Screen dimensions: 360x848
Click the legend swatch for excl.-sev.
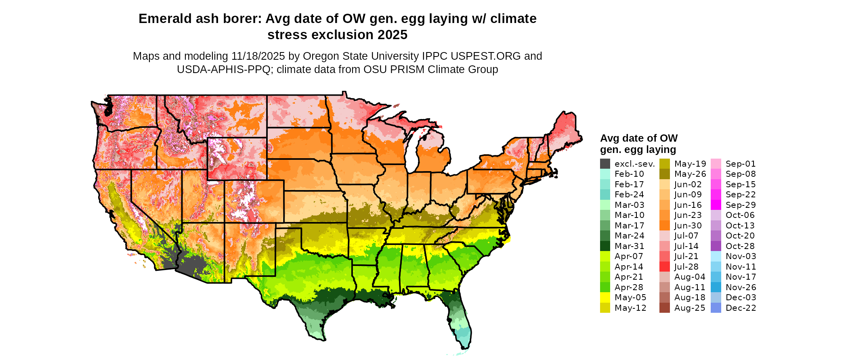coord(605,164)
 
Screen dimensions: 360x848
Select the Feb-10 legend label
coord(629,174)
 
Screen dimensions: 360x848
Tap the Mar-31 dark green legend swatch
coord(605,246)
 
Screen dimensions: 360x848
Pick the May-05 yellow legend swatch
coord(605,297)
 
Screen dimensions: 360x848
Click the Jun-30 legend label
coord(688,226)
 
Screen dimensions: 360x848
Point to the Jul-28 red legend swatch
coord(664,267)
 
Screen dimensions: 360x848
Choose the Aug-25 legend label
coord(689,308)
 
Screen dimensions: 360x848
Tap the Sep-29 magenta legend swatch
coord(716,205)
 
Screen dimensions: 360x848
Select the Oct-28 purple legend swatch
coord(716,246)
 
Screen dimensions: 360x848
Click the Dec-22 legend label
coord(741,308)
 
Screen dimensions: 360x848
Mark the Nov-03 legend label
coord(741,256)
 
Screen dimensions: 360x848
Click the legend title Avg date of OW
coord(638,138)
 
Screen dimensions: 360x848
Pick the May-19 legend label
coord(690,164)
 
